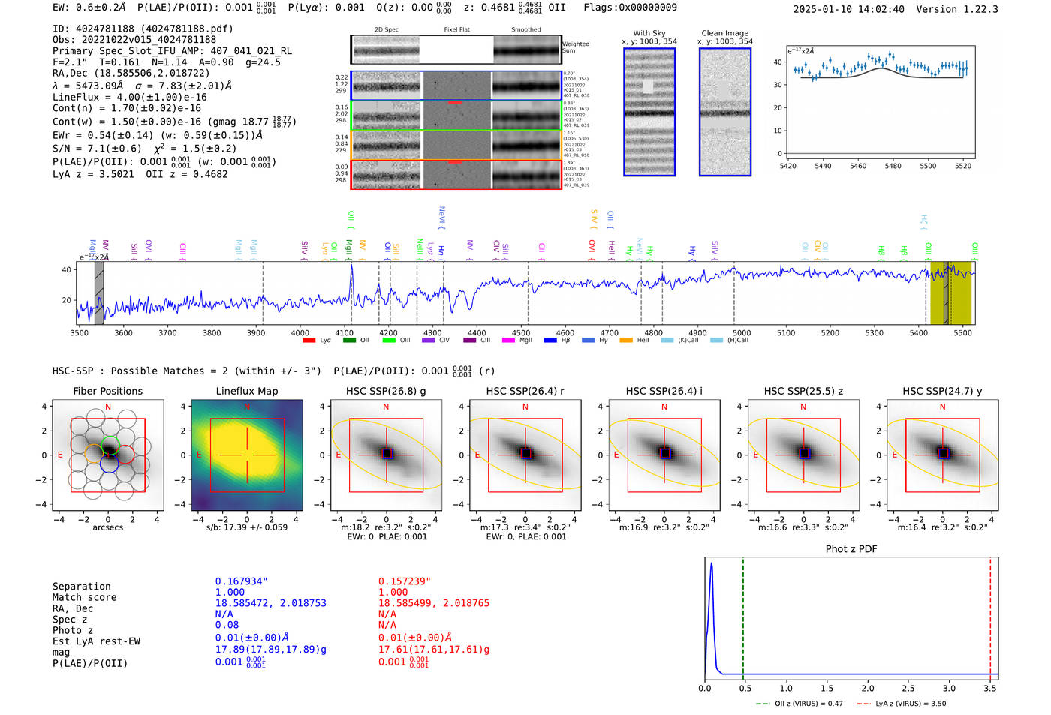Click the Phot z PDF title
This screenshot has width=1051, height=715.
point(851,549)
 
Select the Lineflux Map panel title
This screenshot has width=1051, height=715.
point(246,391)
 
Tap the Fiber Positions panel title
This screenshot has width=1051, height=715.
point(107,391)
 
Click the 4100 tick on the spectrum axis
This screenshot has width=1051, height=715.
point(344,332)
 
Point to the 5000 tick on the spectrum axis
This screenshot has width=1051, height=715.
point(742,332)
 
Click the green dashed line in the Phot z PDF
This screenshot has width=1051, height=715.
point(742,615)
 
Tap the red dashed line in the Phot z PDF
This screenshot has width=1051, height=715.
point(990,615)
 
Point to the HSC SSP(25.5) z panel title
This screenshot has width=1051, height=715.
point(803,391)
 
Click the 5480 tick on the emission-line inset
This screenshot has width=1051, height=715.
point(893,166)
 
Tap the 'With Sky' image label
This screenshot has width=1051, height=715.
point(649,33)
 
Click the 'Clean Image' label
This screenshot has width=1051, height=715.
point(724,33)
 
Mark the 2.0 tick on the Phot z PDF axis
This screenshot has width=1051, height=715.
point(867,688)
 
